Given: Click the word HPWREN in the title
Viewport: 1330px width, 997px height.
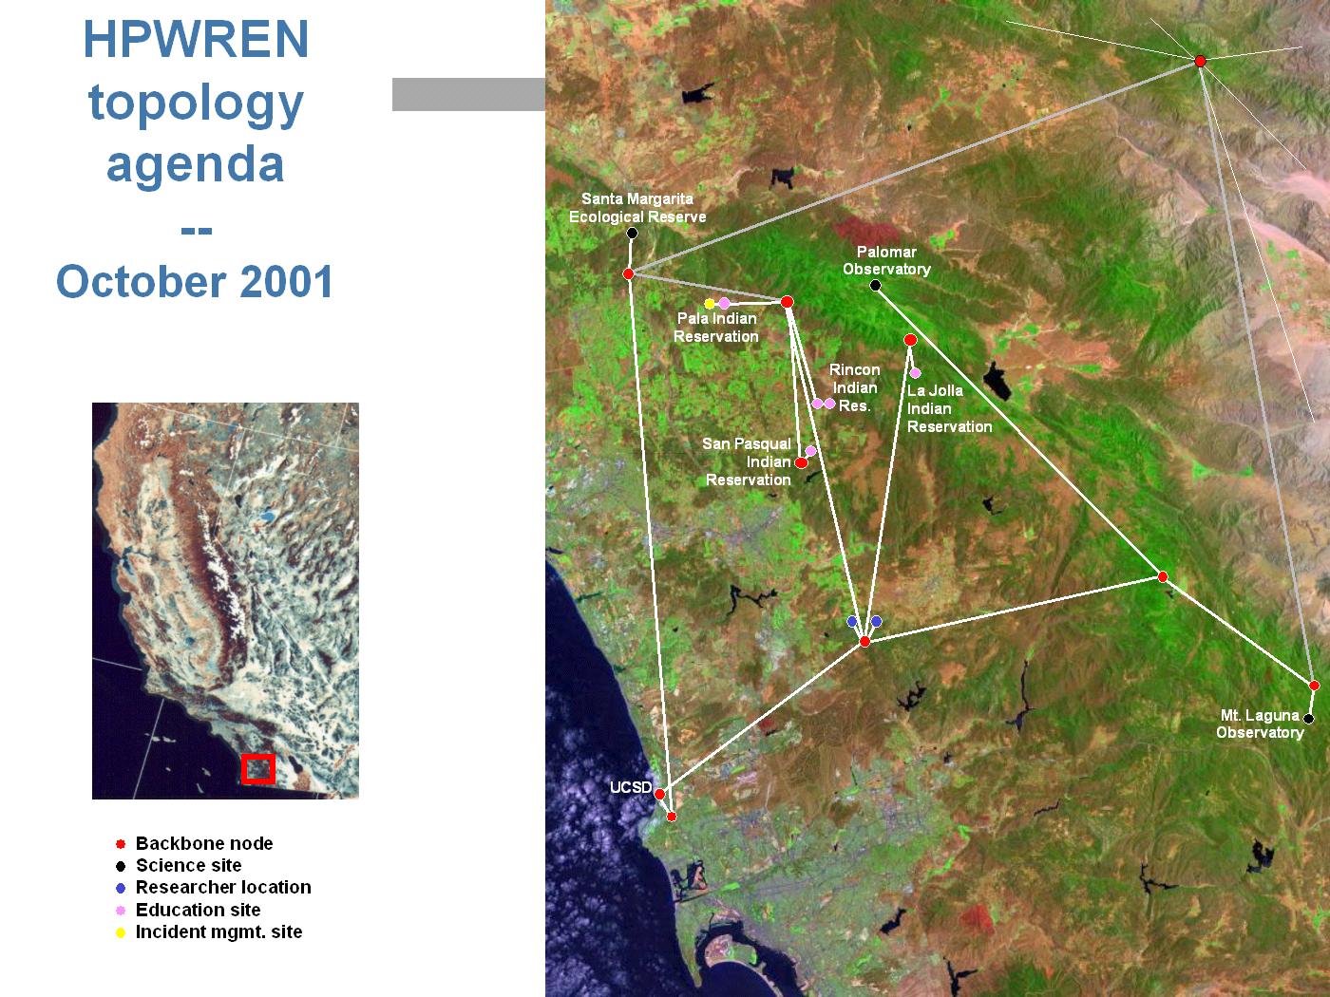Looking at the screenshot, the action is click(196, 39).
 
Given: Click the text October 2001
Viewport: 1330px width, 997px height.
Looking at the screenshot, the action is click(195, 281).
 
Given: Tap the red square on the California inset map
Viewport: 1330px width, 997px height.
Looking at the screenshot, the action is click(258, 769).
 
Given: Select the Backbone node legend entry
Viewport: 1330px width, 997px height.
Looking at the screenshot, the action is click(194, 843).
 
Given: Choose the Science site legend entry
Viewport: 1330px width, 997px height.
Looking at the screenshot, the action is click(179, 866).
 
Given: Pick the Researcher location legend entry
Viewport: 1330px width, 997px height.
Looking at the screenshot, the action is click(213, 888).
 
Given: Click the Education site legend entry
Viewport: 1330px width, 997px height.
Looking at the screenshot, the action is click(188, 910).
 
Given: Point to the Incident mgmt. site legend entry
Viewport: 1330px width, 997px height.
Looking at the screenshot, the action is click(208, 932).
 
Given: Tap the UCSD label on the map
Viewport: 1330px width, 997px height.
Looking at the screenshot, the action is click(630, 787).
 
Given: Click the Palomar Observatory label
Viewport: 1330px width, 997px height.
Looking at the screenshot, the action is click(886, 260).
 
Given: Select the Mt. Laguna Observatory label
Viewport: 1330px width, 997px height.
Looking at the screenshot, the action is click(1260, 724).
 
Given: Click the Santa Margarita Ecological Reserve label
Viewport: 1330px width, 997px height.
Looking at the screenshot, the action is click(637, 208).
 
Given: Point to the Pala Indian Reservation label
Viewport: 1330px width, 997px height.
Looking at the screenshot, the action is click(716, 328).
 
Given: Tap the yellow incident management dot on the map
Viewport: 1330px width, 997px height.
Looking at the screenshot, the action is click(710, 303).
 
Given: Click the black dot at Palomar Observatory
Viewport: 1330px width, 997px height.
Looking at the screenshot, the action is click(875, 285).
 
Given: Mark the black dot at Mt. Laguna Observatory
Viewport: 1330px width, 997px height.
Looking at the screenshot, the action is click(1308, 719).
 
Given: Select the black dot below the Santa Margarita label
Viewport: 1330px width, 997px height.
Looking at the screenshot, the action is click(632, 233).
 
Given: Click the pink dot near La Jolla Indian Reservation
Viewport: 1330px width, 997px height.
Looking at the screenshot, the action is click(915, 373).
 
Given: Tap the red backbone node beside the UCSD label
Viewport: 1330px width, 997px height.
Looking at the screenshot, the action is click(660, 794).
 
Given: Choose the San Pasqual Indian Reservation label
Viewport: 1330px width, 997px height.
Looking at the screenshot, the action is click(747, 461).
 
